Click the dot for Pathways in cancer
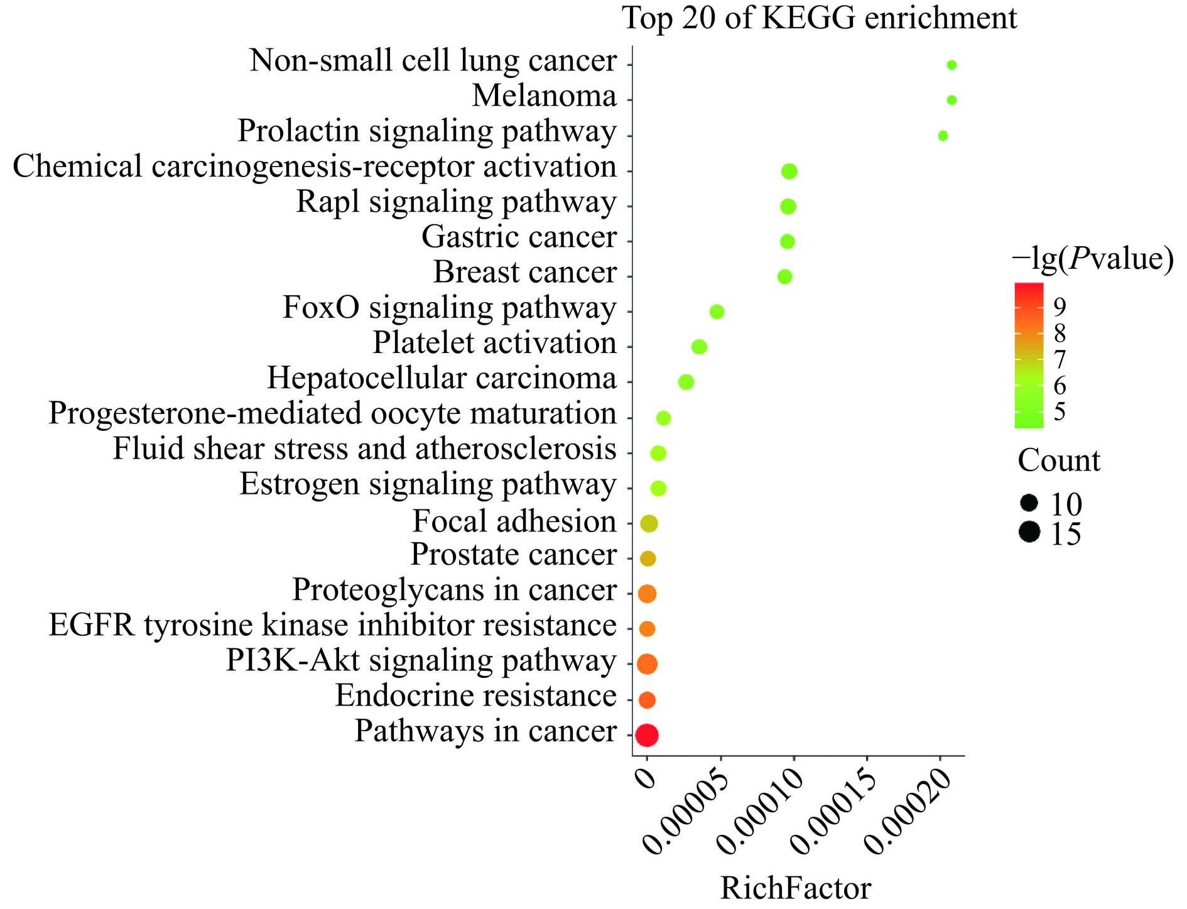pyautogui.click(x=646, y=734)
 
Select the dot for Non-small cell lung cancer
pyautogui.click(x=951, y=65)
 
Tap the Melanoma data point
pyautogui.click(x=951, y=100)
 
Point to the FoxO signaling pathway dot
pyautogui.click(x=717, y=312)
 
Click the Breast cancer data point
pyautogui.click(x=784, y=276)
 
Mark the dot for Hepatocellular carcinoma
pyautogui.click(x=686, y=382)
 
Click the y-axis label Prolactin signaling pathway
pyautogui.click(x=427, y=132)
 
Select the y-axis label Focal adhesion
pyautogui.click(x=514, y=522)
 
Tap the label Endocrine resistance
pyautogui.click(x=475, y=696)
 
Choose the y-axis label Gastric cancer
pyautogui.click(x=519, y=237)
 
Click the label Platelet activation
pyautogui.click(x=494, y=344)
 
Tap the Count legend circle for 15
pyautogui.click(x=1029, y=532)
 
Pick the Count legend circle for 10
pyautogui.click(x=1029, y=503)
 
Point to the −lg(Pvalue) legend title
pyautogui.click(x=1092, y=259)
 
